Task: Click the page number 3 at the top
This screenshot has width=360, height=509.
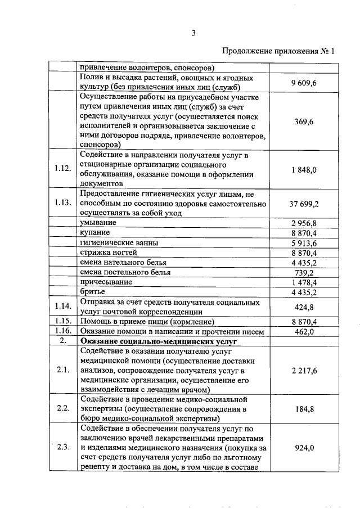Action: (192, 33)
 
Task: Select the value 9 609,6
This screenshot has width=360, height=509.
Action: (304, 83)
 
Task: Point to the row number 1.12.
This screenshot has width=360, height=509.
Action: (63, 169)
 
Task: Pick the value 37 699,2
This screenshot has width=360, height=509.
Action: (304, 203)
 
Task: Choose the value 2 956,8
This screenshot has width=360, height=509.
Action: (304, 223)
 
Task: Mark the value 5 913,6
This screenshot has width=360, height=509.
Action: (304, 243)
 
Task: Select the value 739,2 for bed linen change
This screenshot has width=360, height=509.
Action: (304, 272)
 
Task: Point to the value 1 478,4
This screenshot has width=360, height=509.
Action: (304, 282)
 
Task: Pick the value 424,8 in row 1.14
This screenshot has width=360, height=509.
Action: (304, 307)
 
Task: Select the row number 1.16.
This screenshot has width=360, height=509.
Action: (63, 331)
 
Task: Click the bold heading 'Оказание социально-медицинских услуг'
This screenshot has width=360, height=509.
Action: (159, 341)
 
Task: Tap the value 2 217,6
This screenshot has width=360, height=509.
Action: (304, 370)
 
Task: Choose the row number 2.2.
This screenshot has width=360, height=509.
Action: (63, 408)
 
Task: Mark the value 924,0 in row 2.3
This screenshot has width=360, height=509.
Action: (304, 448)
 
